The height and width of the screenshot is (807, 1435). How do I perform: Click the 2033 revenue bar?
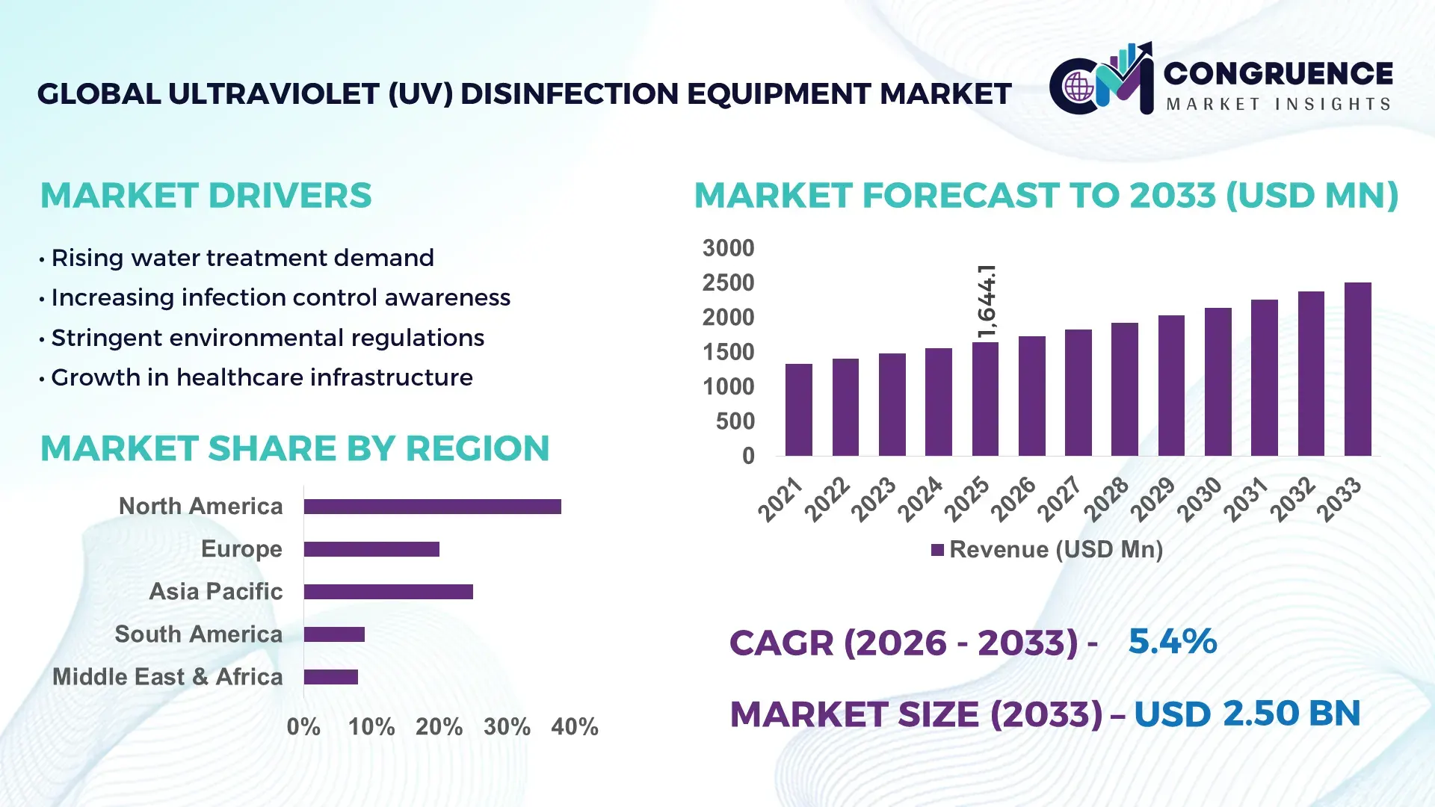coord(1357,369)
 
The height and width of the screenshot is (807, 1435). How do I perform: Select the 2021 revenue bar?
coord(798,409)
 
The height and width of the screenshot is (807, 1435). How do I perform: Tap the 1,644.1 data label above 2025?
coord(987,301)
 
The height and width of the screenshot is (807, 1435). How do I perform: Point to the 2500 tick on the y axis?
coord(728,283)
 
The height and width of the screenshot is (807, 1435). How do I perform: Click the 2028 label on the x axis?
coord(1106,498)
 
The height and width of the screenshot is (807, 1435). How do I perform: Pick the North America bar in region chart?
coord(432,507)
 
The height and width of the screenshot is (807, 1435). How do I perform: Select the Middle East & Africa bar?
coord(331,677)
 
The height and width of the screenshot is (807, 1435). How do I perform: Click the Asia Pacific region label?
coord(216,591)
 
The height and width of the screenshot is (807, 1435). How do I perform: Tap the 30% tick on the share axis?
coord(507,726)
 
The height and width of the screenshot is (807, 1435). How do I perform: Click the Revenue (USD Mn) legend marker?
coord(937,550)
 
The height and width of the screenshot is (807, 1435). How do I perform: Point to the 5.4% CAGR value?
coord(1172,641)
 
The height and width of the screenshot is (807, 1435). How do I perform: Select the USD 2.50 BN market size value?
coord(1247,714)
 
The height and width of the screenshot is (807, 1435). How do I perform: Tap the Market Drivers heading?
coord(206,196)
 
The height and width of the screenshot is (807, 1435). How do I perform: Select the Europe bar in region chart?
coord(371,549)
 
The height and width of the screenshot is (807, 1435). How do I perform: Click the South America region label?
coord(198,634)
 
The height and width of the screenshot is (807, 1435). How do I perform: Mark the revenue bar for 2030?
coord(1218,382)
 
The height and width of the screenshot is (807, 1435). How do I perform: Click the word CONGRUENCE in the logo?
coord(1277,73)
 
